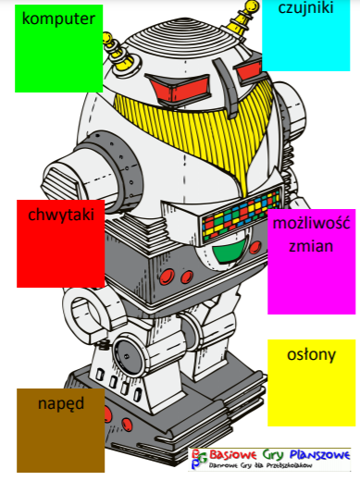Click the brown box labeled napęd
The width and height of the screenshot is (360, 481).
point(60,429)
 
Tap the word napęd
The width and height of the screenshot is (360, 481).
point(60,404)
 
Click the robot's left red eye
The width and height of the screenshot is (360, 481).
point(173,90)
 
